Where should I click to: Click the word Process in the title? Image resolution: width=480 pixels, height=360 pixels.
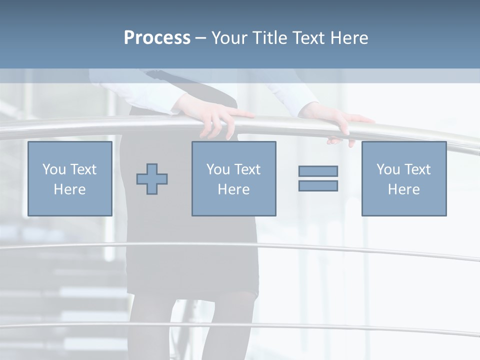pos(157,38)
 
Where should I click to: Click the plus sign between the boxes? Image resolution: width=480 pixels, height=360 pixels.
pos(152,178)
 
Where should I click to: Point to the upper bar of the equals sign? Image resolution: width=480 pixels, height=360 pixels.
pos(318,171)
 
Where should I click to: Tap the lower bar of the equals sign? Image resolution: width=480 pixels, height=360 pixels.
pos(318,185)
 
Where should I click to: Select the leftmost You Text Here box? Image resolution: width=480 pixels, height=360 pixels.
pos(70,178)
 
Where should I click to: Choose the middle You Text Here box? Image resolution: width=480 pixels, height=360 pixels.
pos(233,178)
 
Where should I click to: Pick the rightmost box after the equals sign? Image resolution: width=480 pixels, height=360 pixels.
pos(404,178)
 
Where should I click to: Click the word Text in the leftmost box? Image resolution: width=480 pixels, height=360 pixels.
pos(83,169)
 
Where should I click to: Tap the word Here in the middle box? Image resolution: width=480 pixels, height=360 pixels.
pos(233,189)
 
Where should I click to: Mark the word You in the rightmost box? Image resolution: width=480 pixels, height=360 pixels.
pos(388,169)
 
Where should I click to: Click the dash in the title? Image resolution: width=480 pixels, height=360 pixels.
pos(201,38)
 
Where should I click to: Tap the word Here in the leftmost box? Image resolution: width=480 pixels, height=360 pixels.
pos(70,189)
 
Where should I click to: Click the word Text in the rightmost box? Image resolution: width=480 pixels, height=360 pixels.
pos(417,169)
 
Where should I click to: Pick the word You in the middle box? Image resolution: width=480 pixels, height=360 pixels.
pos(218,169)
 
